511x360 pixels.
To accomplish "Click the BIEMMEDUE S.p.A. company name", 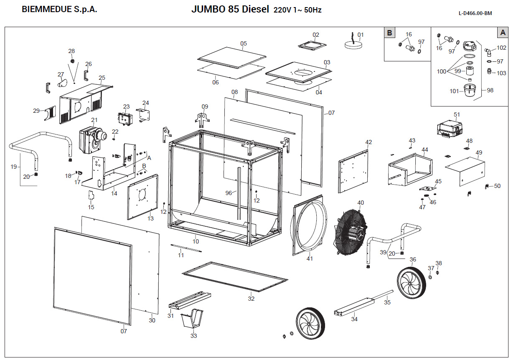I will tap(59, 10).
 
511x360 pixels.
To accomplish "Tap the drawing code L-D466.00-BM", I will tap(475, 13).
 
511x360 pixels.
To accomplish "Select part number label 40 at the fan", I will tap(361, 203).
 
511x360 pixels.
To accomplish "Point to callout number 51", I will tap(457, 114).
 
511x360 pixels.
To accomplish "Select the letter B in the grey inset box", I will tap(390, 33).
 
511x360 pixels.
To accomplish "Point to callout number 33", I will tap(193, 336).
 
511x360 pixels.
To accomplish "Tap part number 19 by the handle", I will tap(14, 167).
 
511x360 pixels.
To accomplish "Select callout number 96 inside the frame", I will tap(229, 193).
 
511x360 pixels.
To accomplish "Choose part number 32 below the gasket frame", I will tap(251, 299).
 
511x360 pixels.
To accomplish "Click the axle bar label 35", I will tap(387, 302).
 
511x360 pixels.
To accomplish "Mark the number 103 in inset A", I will tap(501, 73).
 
